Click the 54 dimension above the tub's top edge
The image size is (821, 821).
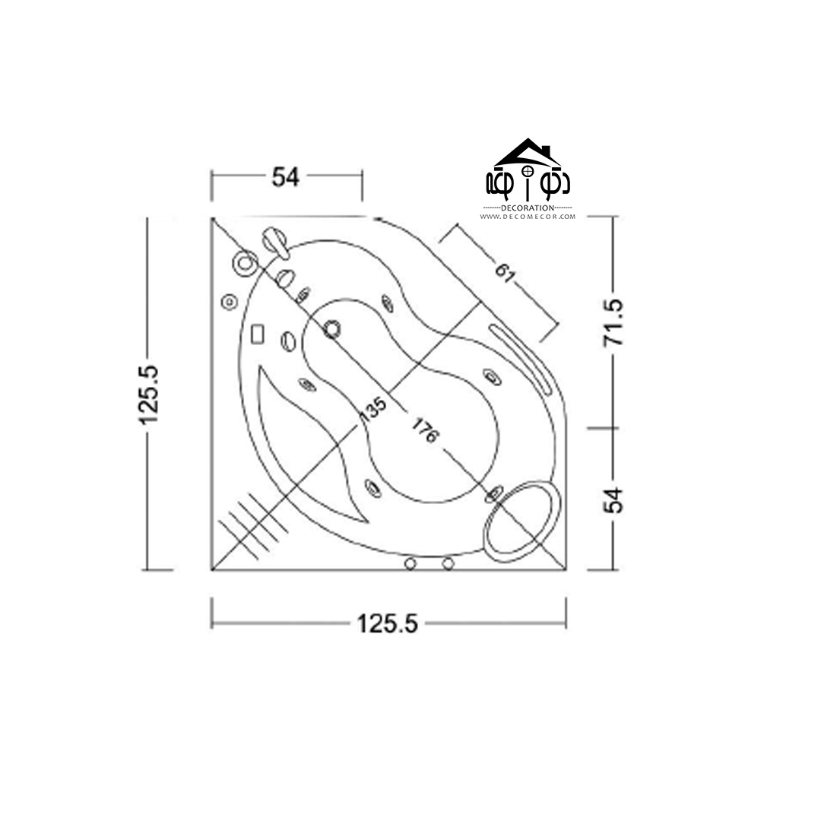(285, 177)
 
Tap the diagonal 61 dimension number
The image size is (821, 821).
(505, 273)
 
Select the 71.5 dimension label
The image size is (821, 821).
(613, 322)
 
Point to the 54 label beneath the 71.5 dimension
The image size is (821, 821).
(613, 499)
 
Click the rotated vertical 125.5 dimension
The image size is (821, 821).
(148, 395)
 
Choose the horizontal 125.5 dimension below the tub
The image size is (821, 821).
(388, 623)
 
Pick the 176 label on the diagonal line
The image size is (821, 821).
(424, 430)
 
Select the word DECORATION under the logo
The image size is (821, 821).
(528, 208)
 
